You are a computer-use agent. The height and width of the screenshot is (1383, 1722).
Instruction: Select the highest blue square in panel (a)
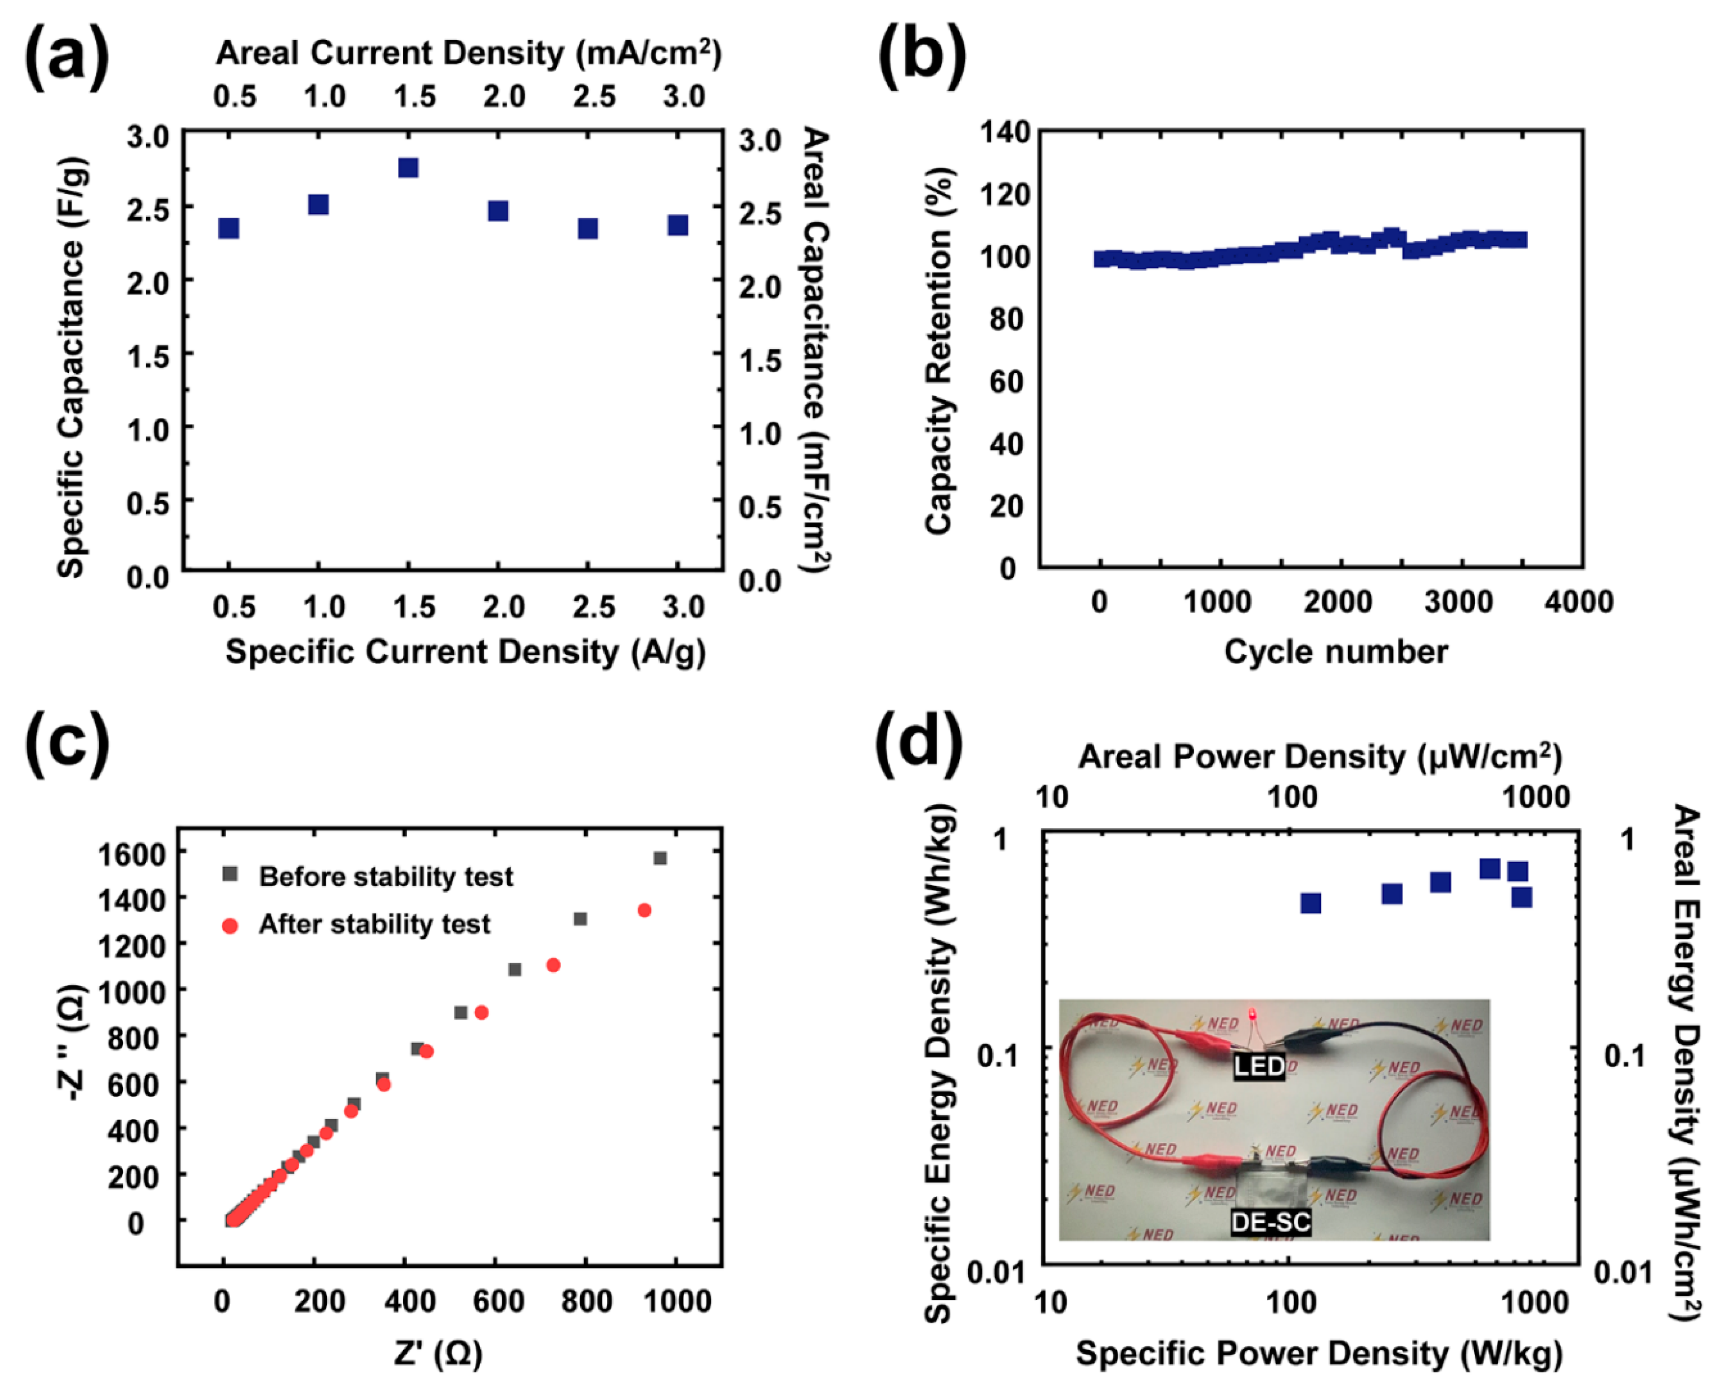point(408,168)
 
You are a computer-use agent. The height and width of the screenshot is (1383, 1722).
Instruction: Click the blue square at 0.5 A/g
point(229,228)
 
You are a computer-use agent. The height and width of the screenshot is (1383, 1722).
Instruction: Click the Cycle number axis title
point(1335,652)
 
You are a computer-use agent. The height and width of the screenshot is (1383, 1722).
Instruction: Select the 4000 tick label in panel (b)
point(1578,601)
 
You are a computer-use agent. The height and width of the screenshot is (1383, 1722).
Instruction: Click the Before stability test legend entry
point(385,877)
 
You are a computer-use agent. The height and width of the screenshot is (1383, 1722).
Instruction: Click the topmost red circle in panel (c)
point(645,910)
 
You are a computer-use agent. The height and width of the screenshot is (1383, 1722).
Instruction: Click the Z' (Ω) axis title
point(438,1352)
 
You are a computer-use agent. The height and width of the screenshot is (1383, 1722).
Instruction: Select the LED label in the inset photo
point(1259,1066)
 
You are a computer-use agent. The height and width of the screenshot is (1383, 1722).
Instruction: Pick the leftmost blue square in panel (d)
point(1311,903)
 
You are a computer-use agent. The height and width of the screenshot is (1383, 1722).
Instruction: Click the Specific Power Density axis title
point(1319,1352)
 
